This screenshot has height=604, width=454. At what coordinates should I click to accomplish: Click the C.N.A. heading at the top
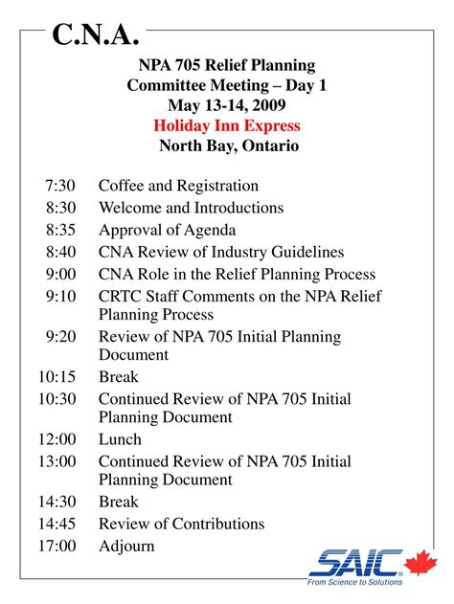[95, 35]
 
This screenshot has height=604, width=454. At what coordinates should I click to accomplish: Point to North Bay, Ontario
[228, 146]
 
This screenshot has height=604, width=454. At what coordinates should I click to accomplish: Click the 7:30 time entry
[59, 186]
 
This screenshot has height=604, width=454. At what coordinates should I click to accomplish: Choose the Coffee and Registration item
[178, 186]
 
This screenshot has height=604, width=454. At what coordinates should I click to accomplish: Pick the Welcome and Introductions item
[191, 208]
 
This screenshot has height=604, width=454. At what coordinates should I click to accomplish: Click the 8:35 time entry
[59, 230]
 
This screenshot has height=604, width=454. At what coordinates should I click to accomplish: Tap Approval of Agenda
[167, 230]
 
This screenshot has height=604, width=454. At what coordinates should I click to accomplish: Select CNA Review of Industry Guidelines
[220, 252]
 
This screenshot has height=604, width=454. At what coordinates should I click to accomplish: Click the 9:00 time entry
[59, 274]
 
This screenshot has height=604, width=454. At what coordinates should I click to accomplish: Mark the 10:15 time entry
[57, 377]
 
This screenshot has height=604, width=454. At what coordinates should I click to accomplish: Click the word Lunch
[120, 439]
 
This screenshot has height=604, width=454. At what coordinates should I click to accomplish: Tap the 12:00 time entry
[57, 439]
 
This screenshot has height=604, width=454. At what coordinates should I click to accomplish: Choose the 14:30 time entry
[57, 502]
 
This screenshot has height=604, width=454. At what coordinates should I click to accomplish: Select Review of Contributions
[181, 524]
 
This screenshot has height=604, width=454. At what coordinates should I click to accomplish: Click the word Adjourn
[125, 546]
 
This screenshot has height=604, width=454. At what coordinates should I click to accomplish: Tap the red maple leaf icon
[420, 563]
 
